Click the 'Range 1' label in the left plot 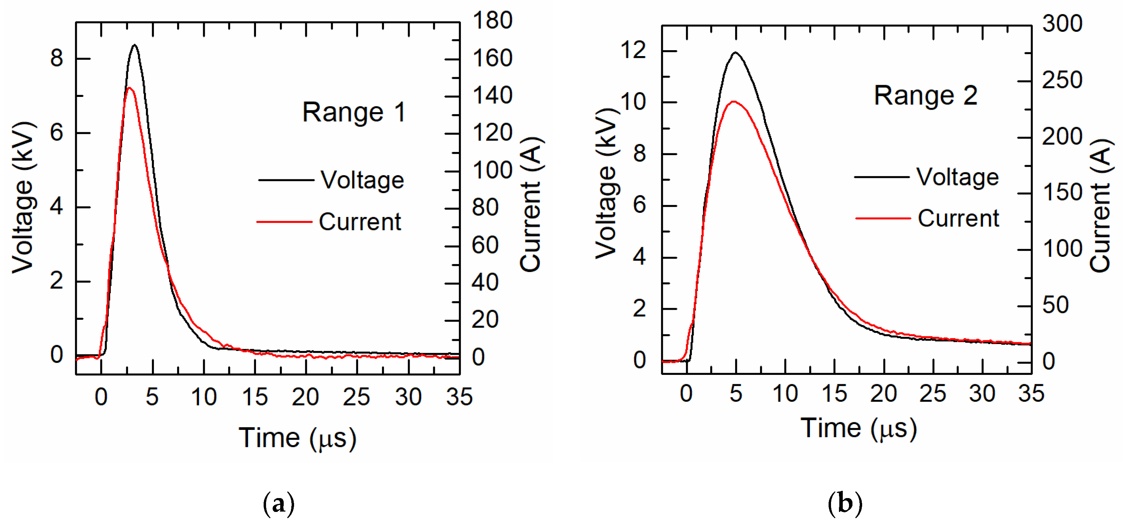point(354,112)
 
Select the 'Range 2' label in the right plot point(925,96)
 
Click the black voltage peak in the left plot point(135,45)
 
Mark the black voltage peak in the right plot point(736,53)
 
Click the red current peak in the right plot point(734,102)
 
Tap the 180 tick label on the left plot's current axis point(492,20)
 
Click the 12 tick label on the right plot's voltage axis point(633,50)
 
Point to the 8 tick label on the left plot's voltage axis point(57,58)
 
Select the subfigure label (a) point(279,504)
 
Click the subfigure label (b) point(844,504)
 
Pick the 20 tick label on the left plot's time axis point(305,397)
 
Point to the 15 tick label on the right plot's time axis point(834,394)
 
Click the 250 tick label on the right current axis point(1062,80)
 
